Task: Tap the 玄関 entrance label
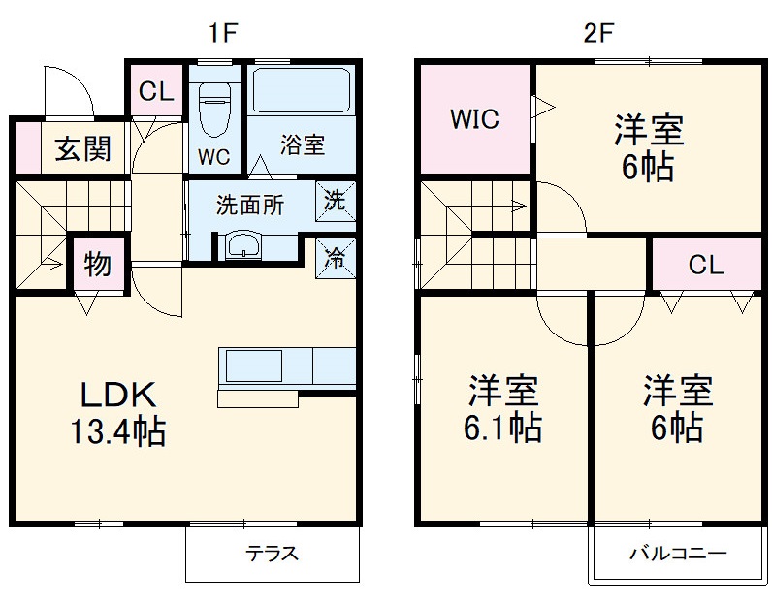point(81,149)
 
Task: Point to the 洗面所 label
point(249,206)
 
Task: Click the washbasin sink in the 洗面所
point(242,246)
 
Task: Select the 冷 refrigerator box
point(335,257)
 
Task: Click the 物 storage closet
point(96,265)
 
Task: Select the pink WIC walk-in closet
point(474,119)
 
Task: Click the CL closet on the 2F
point(706,265)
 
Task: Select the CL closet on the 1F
point(154,92)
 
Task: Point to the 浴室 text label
point(303,145)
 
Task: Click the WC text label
point(214,155)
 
